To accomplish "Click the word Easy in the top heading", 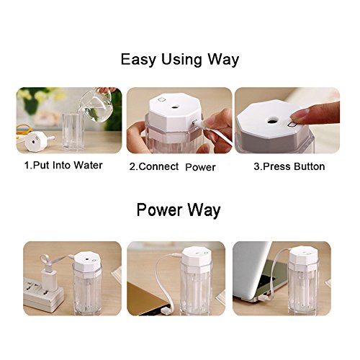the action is [x=138, y=60].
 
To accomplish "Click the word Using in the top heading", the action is [x=181, y=60].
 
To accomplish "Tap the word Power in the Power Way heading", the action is [x=159, y=210].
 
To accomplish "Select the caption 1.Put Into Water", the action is [x=63, y=166].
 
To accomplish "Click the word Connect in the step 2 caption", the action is [x=158, y=166].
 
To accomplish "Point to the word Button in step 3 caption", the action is [x=310, y=166].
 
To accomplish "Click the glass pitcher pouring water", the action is [x=96, y=105].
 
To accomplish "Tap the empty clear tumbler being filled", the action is [x=73, y=132].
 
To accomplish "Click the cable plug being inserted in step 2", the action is [x=199, y=124].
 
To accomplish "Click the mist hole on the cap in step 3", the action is [x=272, y=120].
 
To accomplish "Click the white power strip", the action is [x=43, y=296].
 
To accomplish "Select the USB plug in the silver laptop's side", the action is [x=264, y=298].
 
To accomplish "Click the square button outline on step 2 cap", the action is [x=161, y=99].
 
